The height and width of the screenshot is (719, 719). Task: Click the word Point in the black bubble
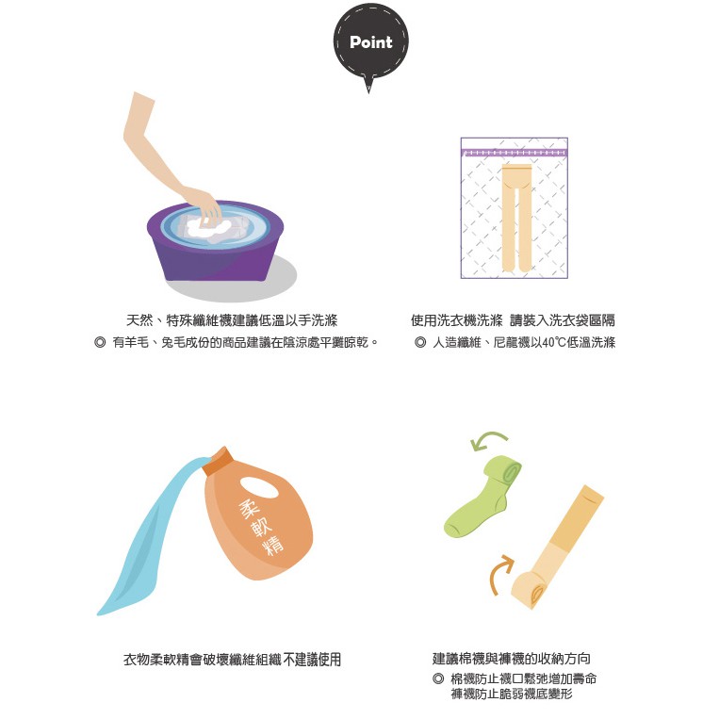[x=371, y=42]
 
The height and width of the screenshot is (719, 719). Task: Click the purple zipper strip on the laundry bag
[x=514, y=153]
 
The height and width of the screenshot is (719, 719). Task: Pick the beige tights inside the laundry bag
[x=516, y=218]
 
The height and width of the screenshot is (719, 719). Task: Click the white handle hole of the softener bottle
[x=259, y=487]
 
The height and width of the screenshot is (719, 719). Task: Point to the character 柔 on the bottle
[x=250, y=509]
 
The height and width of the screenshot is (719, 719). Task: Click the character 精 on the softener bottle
[x=273, y=545]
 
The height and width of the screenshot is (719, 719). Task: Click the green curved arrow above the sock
[x=488, y=440]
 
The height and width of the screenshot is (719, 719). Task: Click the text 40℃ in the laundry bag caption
[x=553, y=342]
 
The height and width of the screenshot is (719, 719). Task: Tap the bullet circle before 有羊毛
[x=100, y=342]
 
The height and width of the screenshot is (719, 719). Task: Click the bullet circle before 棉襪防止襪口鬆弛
[x=438, y=678]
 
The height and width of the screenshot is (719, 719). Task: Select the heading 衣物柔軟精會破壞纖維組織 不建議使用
[x=233, y=660]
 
